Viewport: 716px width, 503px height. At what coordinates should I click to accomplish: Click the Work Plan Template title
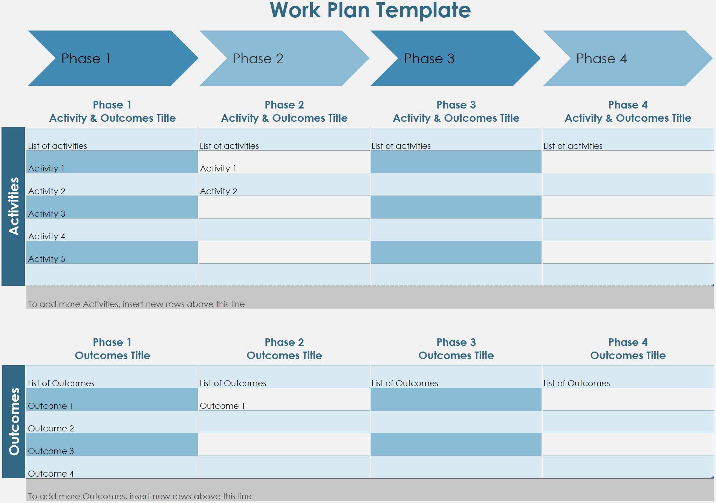click(x=370, y=10)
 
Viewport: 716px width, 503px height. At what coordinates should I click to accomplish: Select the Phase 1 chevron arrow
click(x=109, y=58)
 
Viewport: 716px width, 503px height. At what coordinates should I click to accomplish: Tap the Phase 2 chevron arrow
click(x=281, y=58)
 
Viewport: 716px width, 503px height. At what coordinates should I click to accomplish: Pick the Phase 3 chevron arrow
click(x=452, y=58)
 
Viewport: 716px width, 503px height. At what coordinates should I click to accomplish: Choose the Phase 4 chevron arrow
click(x=624, y=58)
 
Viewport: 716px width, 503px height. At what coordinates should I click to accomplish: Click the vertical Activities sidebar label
click(x=14, y=206)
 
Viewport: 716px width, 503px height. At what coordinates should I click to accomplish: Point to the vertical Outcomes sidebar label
click(x=14, y=421)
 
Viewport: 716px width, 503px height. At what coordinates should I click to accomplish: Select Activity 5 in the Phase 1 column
click(x=47, y=259)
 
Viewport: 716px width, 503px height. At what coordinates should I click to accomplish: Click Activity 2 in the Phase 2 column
click(x=219, y=191)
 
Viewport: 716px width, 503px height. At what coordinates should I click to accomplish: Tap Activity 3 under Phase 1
click(x=47, y=214)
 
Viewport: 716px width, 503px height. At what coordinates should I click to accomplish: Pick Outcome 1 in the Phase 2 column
click(x=222, y=406)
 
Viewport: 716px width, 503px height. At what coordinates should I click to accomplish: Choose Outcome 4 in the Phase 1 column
click(x=51, y=474)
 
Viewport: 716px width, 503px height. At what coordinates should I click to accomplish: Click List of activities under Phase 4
click(x=573, y=146)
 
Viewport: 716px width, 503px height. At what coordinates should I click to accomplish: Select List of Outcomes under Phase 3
click(x=405, y=383)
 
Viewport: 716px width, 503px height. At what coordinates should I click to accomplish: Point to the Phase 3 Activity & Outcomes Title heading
click(x=456, y=112)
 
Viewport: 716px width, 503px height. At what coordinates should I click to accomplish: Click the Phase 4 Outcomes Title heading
click(x=628, y=349)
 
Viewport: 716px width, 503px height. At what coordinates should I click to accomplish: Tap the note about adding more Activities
click(x=136, y=304)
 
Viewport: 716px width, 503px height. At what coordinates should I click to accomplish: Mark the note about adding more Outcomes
click(x=139, y=496)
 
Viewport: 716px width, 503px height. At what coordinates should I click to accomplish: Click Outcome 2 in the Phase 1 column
click(x=51, y=428)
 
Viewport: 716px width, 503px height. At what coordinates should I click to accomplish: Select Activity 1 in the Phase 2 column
click(x=218, y=168)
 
